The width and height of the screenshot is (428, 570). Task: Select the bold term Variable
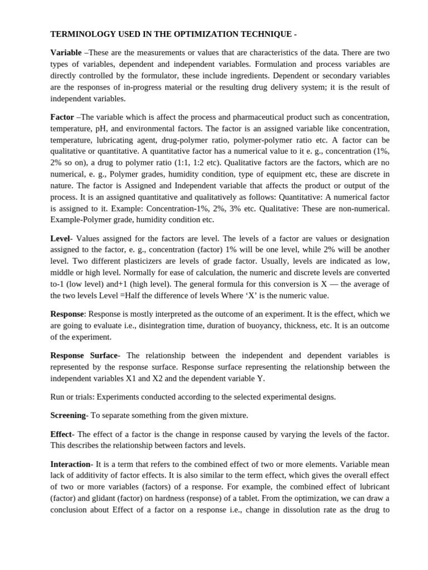pos(66,52)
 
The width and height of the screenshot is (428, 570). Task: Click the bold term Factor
pos(62,117)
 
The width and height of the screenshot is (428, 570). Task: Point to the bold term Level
pos(60,238)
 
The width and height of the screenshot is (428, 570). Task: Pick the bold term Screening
pos(69,415)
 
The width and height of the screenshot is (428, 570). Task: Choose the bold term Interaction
pos(71,464)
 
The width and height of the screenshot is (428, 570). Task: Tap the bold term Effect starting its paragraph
pos(61,434)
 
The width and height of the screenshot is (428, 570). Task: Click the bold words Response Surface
pos(84,355)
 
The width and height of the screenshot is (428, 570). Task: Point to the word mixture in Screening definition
pos(233,415)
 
